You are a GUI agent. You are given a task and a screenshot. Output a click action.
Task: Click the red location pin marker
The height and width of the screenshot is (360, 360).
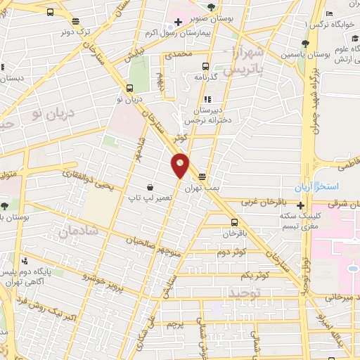coord(181,165)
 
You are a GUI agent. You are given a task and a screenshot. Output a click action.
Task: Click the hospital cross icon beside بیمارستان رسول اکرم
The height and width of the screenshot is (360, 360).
coord(179,22)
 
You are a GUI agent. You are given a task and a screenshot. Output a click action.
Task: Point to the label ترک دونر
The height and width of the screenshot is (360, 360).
coord(75,31)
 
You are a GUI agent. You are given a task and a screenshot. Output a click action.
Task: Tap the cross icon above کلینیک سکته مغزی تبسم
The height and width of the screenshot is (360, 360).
coord(301,206)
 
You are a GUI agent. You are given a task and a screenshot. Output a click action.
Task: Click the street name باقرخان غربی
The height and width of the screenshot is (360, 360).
coord(260,202)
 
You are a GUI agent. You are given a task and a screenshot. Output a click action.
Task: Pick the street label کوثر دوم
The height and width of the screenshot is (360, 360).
coord(231,252)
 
